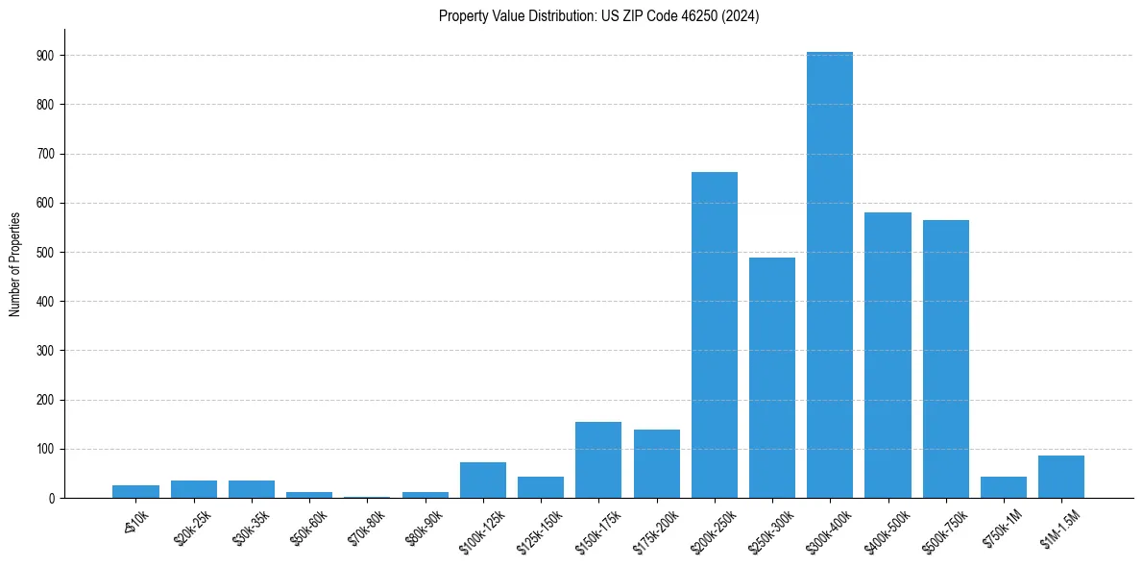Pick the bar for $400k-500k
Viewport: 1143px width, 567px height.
[888, 355]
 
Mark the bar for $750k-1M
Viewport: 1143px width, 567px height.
[1004, 487]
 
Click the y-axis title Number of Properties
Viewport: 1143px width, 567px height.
[14, 263]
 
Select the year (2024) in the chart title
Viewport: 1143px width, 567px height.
[742, 16]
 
